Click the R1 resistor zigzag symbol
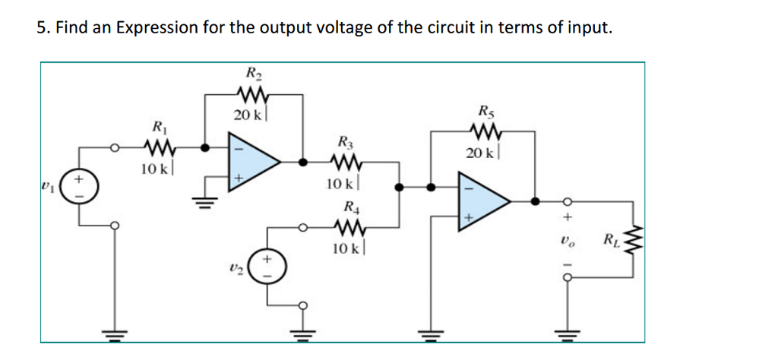tap(160, 147)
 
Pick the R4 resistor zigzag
tap(346, 226)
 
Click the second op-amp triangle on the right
tap(482, 201)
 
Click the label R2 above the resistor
tap(251, 74)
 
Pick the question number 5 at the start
tap(43, 28)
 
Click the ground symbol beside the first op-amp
tap(203, 200)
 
